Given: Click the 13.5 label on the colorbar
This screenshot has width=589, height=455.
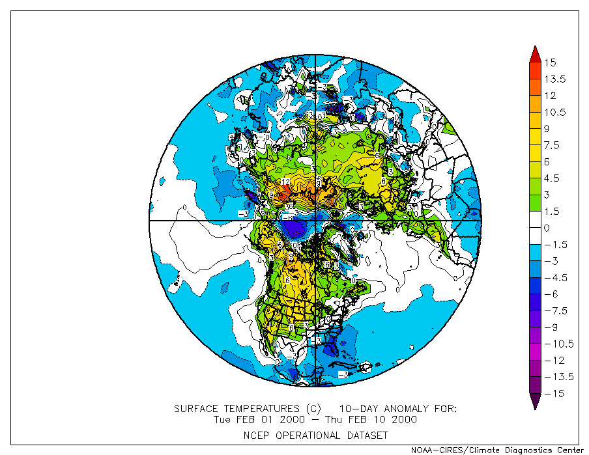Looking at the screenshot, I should (556, 79).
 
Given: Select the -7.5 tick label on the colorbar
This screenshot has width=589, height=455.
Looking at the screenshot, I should (555, 310).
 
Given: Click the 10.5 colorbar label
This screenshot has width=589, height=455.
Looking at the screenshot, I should (556, 112).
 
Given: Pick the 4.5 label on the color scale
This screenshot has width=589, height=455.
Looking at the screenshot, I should (553, 178).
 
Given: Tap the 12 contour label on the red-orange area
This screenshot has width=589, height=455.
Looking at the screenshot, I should (285, 182).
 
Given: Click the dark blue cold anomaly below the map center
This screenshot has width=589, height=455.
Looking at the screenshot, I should (296, 228).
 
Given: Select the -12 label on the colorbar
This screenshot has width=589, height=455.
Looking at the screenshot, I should (553, 360).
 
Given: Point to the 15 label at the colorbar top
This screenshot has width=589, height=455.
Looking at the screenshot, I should (551, 62).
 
